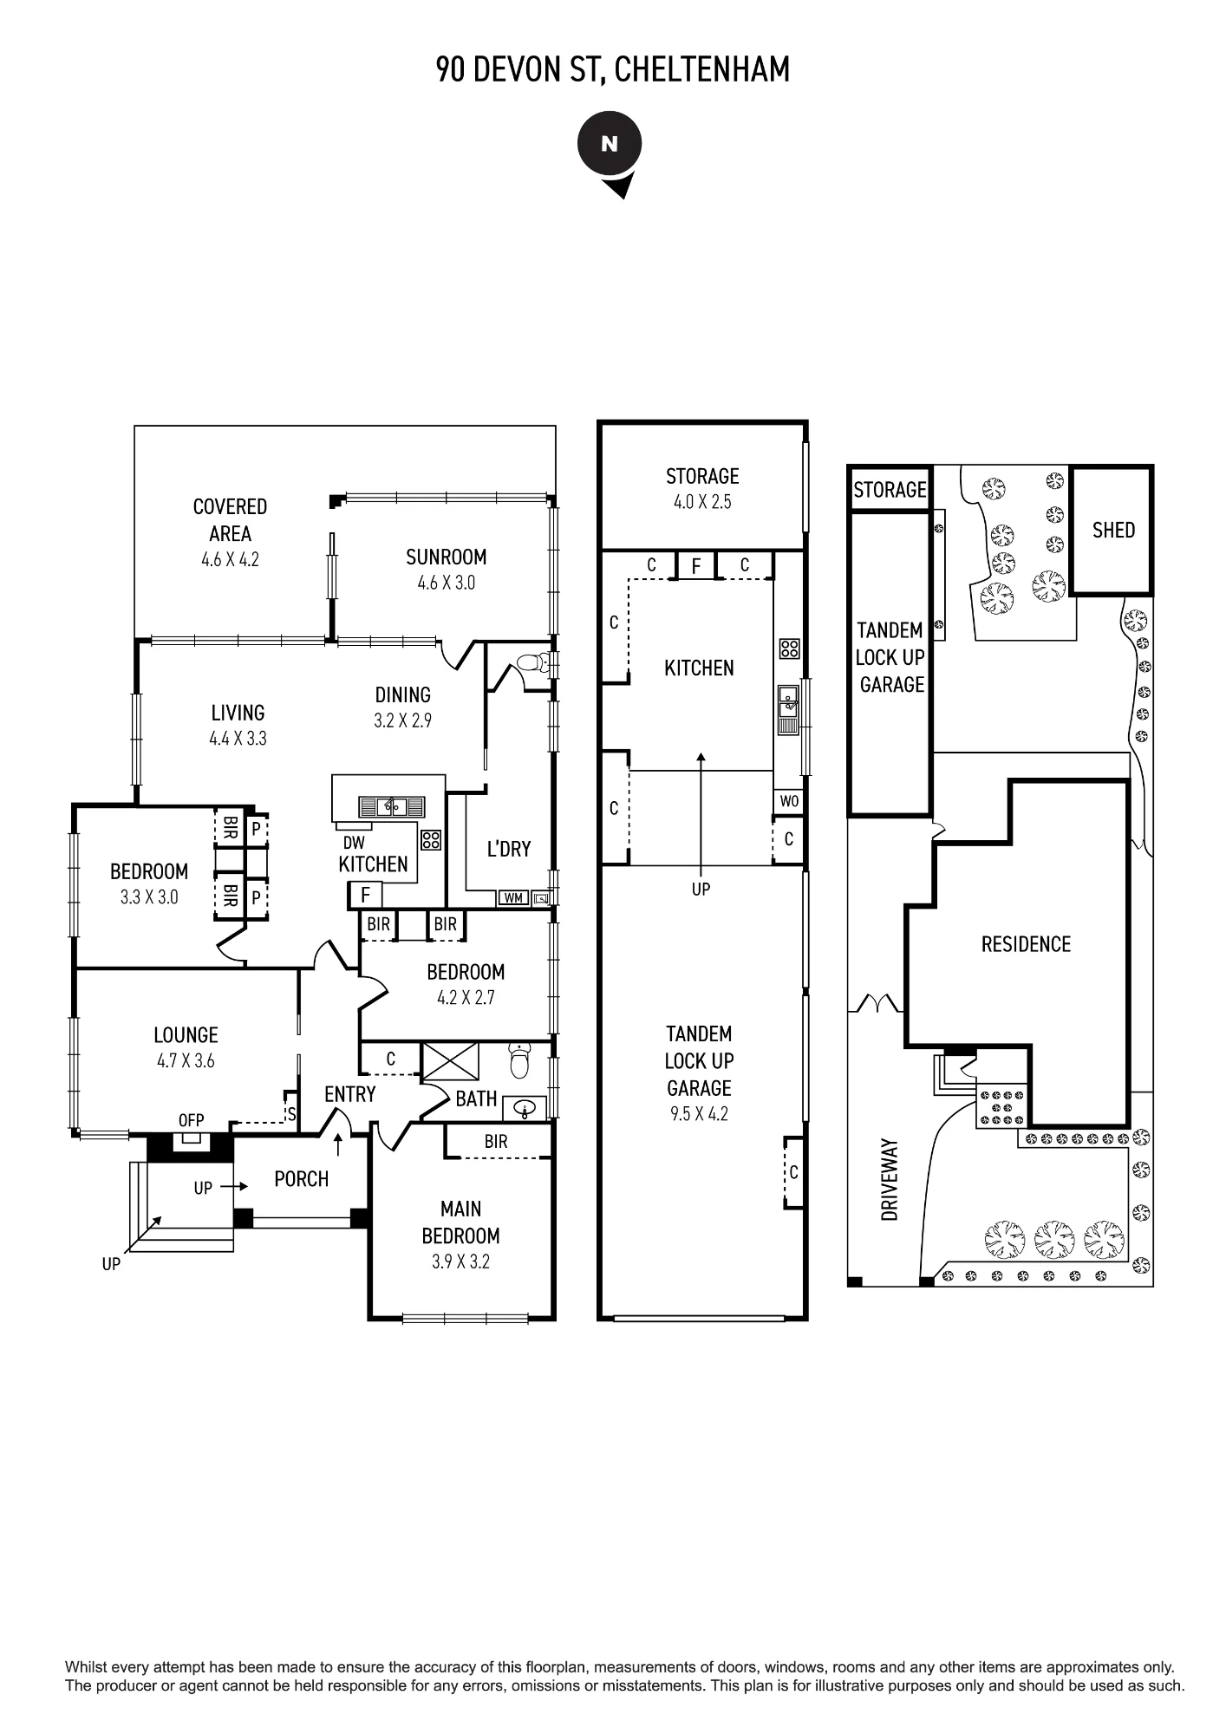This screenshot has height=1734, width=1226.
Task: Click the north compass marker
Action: coord(610,152)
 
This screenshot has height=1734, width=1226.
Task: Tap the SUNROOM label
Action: coord(446,557)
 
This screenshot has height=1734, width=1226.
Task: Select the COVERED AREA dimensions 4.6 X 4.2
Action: coord(230,560)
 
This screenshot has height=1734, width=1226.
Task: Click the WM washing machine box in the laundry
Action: coord(513,898)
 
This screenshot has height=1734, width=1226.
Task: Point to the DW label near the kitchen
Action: coord(354,843)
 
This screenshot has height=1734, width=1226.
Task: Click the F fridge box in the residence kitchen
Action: coord(365,895)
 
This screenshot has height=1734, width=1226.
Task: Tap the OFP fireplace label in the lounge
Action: coord(191,1121)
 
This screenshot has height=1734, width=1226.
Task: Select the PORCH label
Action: coord(301,1179)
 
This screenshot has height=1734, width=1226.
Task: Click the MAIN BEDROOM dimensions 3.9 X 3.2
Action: coord(460,1262)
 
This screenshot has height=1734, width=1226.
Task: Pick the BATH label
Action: coord(476,1099)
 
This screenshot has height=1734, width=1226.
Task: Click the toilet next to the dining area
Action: coord(532,664)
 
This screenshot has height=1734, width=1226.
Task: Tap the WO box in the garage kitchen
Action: coord(789,801)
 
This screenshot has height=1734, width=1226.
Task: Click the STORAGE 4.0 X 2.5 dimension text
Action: coord(702,502)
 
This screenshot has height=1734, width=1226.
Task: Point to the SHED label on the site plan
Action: coord(1113,530)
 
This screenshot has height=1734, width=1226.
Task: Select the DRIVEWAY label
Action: coord(890,1180)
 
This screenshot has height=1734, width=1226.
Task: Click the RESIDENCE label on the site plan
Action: coord(1026,944)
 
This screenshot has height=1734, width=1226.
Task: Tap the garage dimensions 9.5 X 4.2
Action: coord(699,1115)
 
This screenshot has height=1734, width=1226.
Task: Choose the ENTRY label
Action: coord(350,1095)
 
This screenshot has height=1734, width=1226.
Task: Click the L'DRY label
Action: coord(508,849)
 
